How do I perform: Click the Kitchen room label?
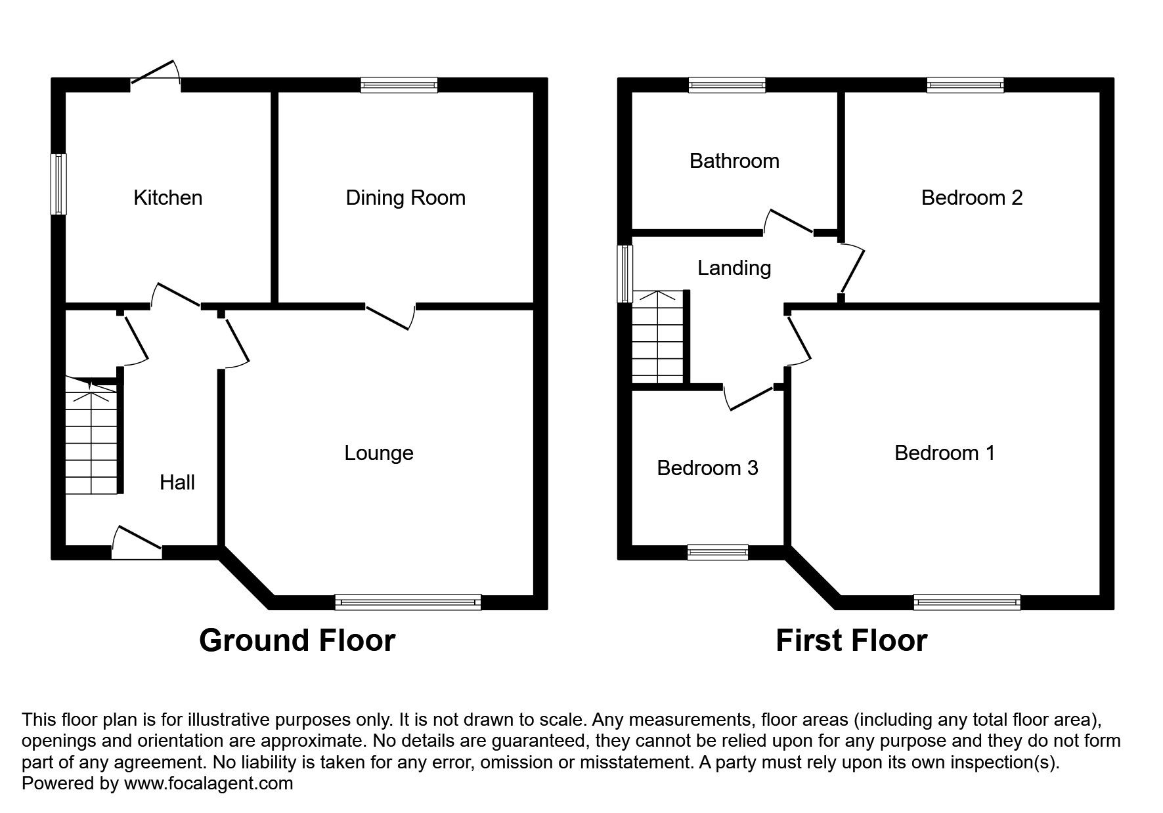(167, 198)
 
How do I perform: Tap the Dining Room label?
(405, 198)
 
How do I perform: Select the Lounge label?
(379, 453)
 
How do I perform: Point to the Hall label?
(177, 482)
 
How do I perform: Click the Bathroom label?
(734, 161)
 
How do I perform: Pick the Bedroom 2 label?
(972, 198)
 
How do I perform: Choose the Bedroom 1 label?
(944, 453)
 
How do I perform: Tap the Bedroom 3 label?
(707, 468)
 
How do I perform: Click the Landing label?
(734, 268)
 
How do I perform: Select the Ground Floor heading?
(297, 640)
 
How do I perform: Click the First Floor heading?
(851, 640)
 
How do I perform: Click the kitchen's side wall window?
(60, 184)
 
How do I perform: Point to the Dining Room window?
(399, 85)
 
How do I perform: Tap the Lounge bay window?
(408, 602)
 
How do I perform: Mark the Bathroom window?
(727, 85)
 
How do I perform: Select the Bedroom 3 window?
(718, 552)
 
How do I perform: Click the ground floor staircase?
(92, 436)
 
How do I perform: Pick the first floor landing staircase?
(658, 337)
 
